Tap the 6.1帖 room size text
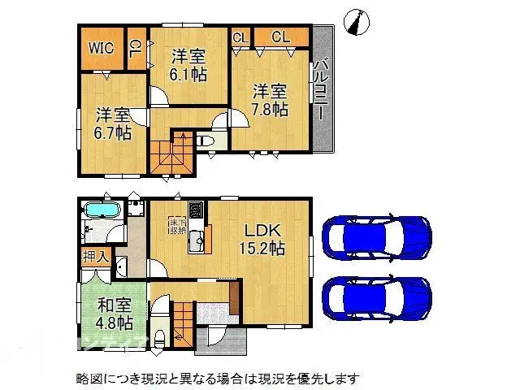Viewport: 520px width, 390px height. point(188,74)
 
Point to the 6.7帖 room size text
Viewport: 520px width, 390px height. point(112,132)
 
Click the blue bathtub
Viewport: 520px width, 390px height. point(102,211)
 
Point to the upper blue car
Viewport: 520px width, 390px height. point(376,236)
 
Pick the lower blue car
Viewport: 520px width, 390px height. point(376,298)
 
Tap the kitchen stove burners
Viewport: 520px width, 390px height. point(195,210)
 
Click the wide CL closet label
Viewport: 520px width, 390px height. point(280,37)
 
